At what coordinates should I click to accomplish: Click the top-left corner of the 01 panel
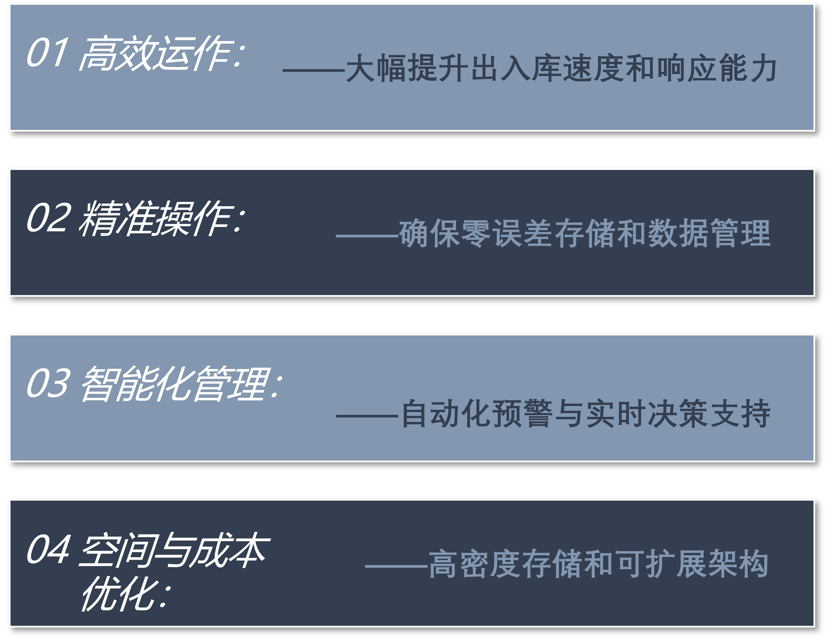click(x=10, y=5)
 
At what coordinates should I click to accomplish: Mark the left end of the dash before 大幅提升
click(x=283, y=70)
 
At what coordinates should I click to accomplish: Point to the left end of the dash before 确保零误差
click(x=336, y=236)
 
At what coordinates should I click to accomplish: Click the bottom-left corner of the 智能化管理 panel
click(x=10, y=461)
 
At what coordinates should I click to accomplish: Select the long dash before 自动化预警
click(x=367, y=416)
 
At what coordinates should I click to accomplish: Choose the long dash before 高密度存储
click(x=396, y=566)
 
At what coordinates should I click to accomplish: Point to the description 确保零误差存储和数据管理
click(x=584, y=233)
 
